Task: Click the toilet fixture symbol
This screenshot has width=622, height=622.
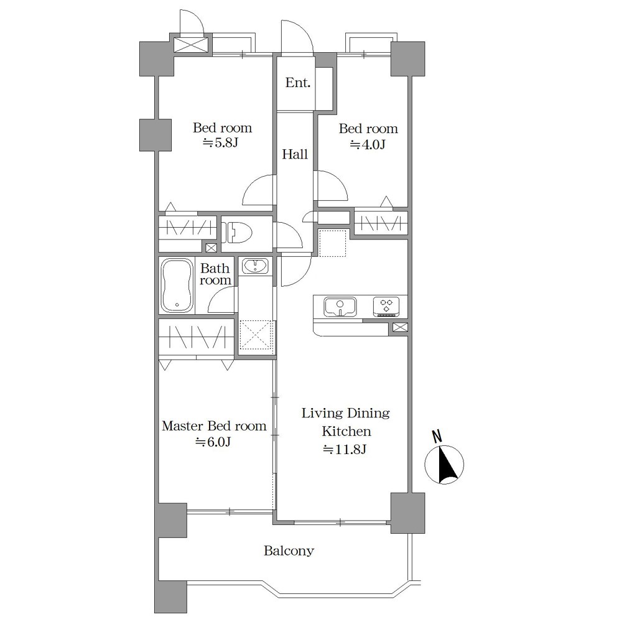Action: [239, 233]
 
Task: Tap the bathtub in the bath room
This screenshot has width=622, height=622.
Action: [177, 285]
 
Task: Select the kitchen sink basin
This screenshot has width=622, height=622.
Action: [340, 307]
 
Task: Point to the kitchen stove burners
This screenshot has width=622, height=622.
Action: [386, 307]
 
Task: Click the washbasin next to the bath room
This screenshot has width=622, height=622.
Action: [256, 266]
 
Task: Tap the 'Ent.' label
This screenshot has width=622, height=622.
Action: [298, 83]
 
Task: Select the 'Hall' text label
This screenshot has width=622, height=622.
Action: [295, 154]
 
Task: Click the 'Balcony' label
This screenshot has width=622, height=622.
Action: [289, 550]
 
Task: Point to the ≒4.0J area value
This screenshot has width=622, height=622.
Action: [368, 145]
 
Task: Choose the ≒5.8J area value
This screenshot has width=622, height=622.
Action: [221, 143]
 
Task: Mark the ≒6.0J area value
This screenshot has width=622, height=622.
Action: [213, 442]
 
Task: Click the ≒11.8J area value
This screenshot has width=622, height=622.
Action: [345, 450]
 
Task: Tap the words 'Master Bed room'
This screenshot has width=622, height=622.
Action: [214, 426]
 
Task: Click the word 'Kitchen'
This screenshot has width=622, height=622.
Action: [346, 431]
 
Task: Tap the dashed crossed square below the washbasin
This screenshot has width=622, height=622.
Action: [256, 335]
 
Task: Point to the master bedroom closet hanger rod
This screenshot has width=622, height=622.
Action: [197, 338]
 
